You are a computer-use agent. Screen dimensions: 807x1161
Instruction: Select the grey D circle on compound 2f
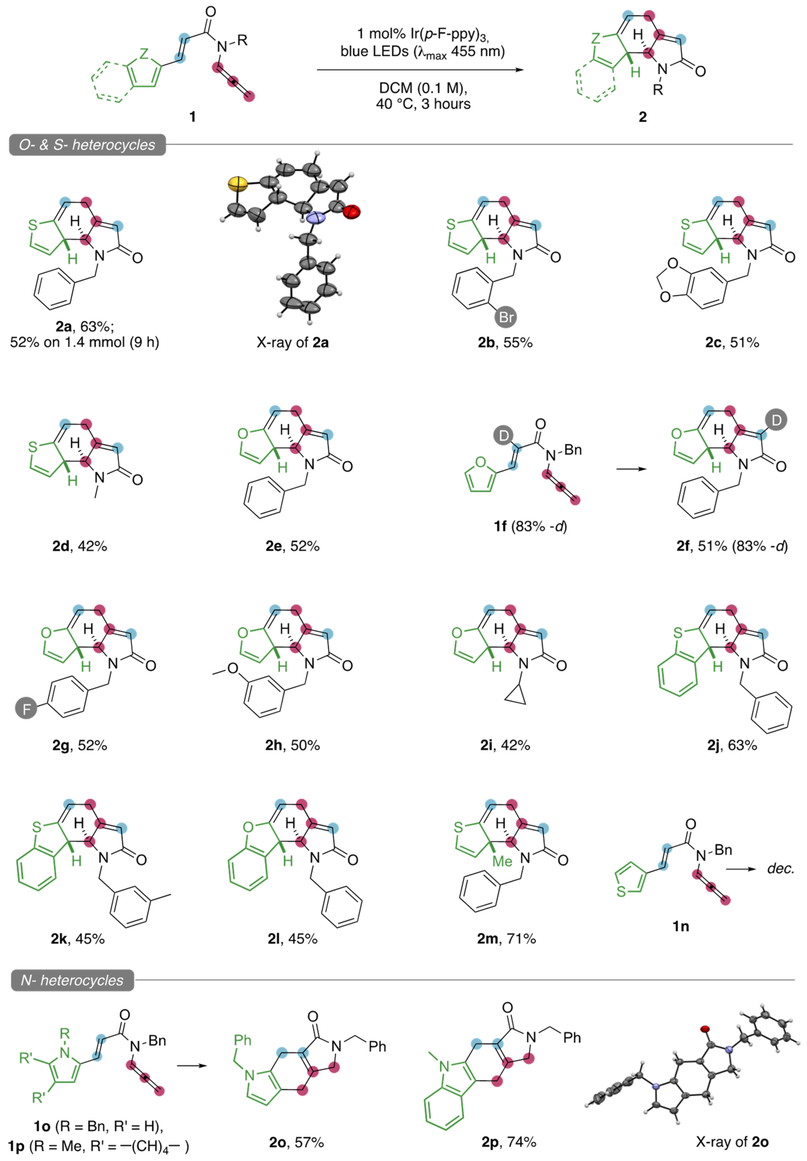(776, 419)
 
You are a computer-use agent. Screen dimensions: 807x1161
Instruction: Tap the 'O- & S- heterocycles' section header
(87, 145)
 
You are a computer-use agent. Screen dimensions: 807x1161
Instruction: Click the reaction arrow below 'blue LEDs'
(420, 70)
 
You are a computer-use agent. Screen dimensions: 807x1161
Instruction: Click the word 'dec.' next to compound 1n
(780, 868)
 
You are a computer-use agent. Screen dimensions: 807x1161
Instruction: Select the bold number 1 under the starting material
(192, 117)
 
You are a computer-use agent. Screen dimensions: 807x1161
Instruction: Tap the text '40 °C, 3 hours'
(423, 104)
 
